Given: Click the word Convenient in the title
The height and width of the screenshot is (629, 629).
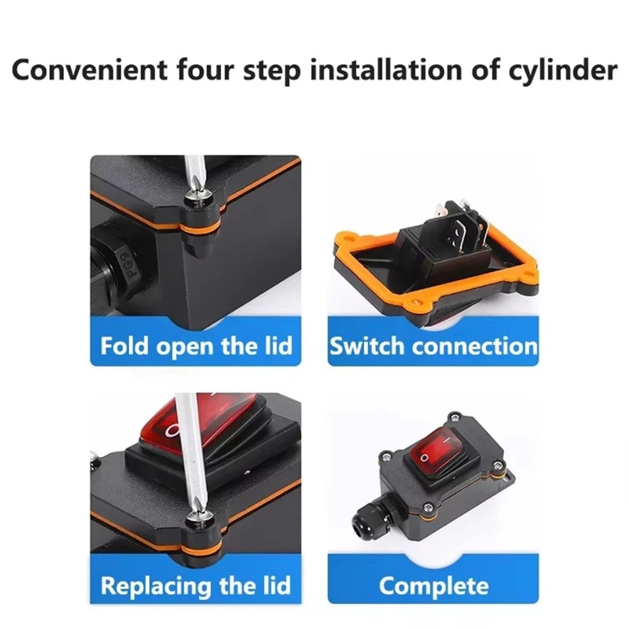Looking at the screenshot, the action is click(89, 70).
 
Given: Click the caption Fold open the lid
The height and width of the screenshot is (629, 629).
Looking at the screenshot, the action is click(196, 346).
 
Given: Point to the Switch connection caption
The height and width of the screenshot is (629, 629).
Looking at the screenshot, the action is click(433, 346).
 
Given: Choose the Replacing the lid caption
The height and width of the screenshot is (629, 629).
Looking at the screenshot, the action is click(196, 585).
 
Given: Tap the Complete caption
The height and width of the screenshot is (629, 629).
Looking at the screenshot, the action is click(434, 586).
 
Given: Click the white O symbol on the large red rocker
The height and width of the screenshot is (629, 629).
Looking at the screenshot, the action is click(173, 431).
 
